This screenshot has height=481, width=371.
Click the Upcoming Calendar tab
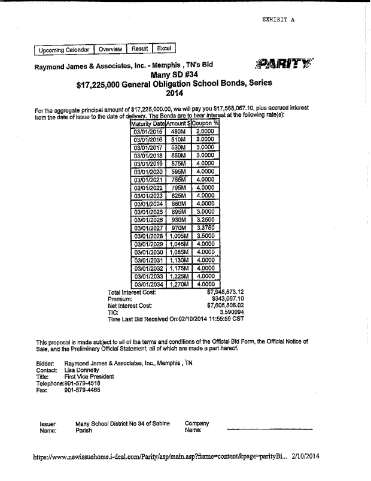[x=63, y=50]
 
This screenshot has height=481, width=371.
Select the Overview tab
[x=110, y=49]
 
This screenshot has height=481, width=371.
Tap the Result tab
[x=139, y=49]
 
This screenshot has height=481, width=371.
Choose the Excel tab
[x=164, y=48]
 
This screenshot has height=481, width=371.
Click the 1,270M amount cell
[x=180, y=284]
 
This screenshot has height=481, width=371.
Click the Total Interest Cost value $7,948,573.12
[x=225, y=292]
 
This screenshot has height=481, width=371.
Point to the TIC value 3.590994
[x=232, y=312]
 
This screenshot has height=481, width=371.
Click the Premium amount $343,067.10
[x=228, y=298]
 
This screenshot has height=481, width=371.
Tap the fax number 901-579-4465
[x=82, y=390]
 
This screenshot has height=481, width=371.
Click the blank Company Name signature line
[x=269, y=429]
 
